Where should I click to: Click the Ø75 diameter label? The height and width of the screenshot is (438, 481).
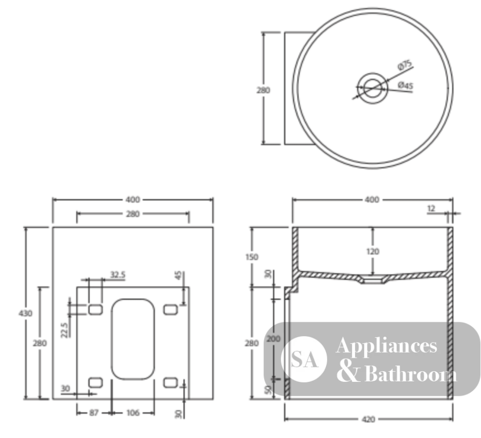coord(405,65)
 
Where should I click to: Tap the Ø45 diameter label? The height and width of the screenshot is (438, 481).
coord(405,85)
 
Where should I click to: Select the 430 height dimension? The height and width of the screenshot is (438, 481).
coord(25,313)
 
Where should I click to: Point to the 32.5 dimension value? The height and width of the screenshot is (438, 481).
coord(118,275)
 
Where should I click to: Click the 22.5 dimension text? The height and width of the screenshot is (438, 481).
coord(64,330)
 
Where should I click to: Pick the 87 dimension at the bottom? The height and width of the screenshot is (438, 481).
coord(94,413)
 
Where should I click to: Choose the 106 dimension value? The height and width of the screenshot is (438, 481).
coord(133,413)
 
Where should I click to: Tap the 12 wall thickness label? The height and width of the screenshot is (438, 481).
coord(431,208)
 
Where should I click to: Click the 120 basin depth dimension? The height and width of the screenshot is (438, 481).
coord(373,252)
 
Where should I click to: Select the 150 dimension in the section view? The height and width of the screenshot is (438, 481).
coord(252,257)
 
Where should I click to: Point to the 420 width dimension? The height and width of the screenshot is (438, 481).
coord(368,419)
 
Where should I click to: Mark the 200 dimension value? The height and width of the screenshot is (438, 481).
coord(273,339)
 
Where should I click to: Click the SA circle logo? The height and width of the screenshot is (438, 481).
coord(304,359)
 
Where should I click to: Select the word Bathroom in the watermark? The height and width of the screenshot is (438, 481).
coord(411,374)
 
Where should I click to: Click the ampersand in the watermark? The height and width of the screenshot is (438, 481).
coord(348,371)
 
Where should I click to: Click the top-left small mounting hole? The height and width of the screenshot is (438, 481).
coord(95,310)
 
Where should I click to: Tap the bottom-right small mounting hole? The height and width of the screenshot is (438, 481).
coord(171,383)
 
